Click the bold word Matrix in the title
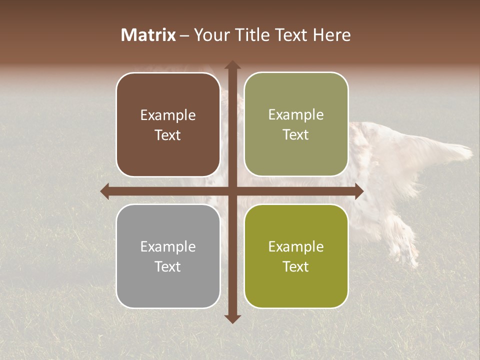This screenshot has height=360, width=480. click(148, 35)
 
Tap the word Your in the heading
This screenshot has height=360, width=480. click(211, 35)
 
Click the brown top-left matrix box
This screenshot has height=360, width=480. click(168, 124)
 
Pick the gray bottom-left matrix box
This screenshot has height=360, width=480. click(168, 256)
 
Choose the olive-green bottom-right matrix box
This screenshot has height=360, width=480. click(296, 256)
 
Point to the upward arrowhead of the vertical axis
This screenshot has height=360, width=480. click(232, 65)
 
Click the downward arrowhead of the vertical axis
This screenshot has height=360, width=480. click(232, 318)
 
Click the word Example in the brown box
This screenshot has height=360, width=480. click(168, 115)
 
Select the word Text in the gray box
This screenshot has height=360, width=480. click(168, 266)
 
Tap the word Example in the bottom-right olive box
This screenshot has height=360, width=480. click(296, 246)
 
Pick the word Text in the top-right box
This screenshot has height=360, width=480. click(296, 134)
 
